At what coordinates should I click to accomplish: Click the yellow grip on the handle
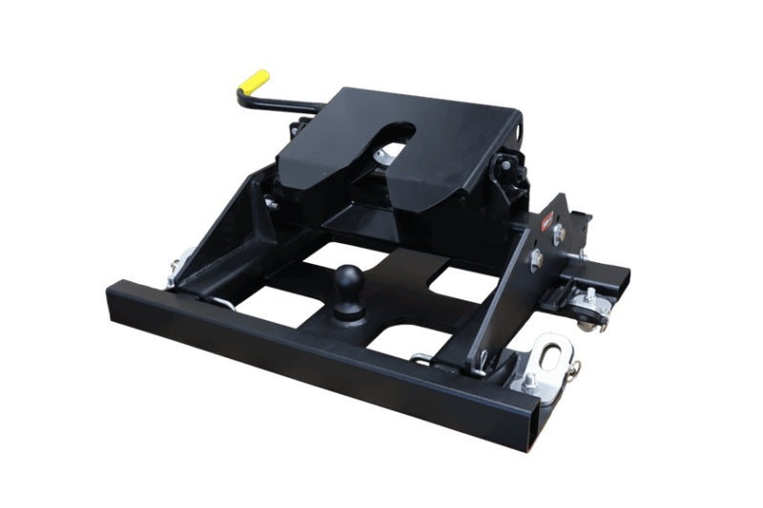[x=253, y=81]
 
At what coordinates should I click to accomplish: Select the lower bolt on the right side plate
[x=537, y=258]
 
